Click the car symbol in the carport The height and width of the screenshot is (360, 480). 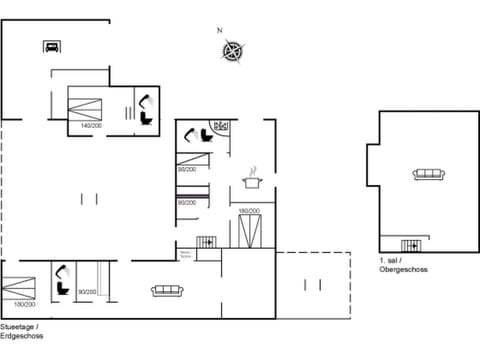[51, 45]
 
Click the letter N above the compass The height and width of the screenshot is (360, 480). [220, 30]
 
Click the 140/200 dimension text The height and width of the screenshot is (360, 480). [91, 126]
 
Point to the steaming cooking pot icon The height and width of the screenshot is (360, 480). [251, 181]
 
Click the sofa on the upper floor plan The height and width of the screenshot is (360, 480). [428, 175]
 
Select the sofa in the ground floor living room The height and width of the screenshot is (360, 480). [166, 290]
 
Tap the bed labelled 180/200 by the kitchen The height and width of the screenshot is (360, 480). [249, 231]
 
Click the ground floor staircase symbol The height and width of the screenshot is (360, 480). [207, 242]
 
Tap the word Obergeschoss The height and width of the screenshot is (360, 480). [404, 270]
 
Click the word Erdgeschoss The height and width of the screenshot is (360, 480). [22, 336]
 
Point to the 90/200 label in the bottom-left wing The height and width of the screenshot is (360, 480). [87, 292]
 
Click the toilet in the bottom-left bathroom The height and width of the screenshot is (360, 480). [61, 274]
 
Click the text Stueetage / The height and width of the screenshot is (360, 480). [20, 328]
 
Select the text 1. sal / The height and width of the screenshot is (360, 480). [392, 261]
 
